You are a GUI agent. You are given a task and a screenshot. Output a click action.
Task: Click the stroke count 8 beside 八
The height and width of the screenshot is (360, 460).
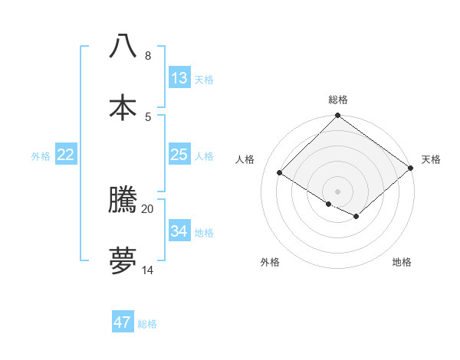click(147, 56)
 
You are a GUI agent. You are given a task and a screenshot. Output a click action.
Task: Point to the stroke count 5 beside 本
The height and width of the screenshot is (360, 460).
click(147, 116)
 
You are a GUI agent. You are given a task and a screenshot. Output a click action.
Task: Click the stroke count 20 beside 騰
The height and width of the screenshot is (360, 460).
click(147, 208)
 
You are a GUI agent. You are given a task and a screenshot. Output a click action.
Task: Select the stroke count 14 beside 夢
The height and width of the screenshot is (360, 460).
click(147, 270)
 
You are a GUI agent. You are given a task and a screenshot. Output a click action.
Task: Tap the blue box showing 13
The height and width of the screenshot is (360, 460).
click(179, 78)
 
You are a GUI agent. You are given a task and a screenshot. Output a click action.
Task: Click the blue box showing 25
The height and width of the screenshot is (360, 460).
click(179, 155)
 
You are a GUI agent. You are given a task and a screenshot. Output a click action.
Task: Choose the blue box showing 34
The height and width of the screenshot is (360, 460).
click(179, 231)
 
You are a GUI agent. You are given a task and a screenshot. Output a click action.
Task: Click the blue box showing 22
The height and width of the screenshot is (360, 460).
click(66, 155)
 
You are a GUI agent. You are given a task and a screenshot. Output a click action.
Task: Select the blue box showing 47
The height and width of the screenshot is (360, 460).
click(122, 322)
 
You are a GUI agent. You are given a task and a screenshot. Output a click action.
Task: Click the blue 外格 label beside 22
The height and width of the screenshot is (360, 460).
click(41, 156)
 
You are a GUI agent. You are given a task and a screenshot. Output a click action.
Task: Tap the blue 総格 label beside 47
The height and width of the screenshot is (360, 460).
click(147, 324)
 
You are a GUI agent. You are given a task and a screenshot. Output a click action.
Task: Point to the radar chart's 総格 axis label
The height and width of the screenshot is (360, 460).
click(338, 100)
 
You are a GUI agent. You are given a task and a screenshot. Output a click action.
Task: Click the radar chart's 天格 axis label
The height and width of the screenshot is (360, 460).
click(431, 159)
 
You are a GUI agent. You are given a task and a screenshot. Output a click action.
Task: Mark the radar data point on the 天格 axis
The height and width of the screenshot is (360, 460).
click(411, 168)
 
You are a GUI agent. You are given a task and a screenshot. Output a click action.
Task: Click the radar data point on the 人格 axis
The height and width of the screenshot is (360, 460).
click(280, 173)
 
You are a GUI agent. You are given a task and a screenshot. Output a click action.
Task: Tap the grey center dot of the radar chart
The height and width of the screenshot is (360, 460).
click(337, 191)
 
